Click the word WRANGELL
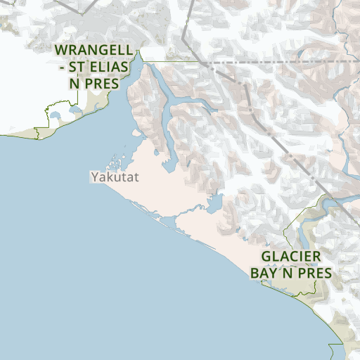click(92, 51)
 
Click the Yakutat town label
click(115, 177)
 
